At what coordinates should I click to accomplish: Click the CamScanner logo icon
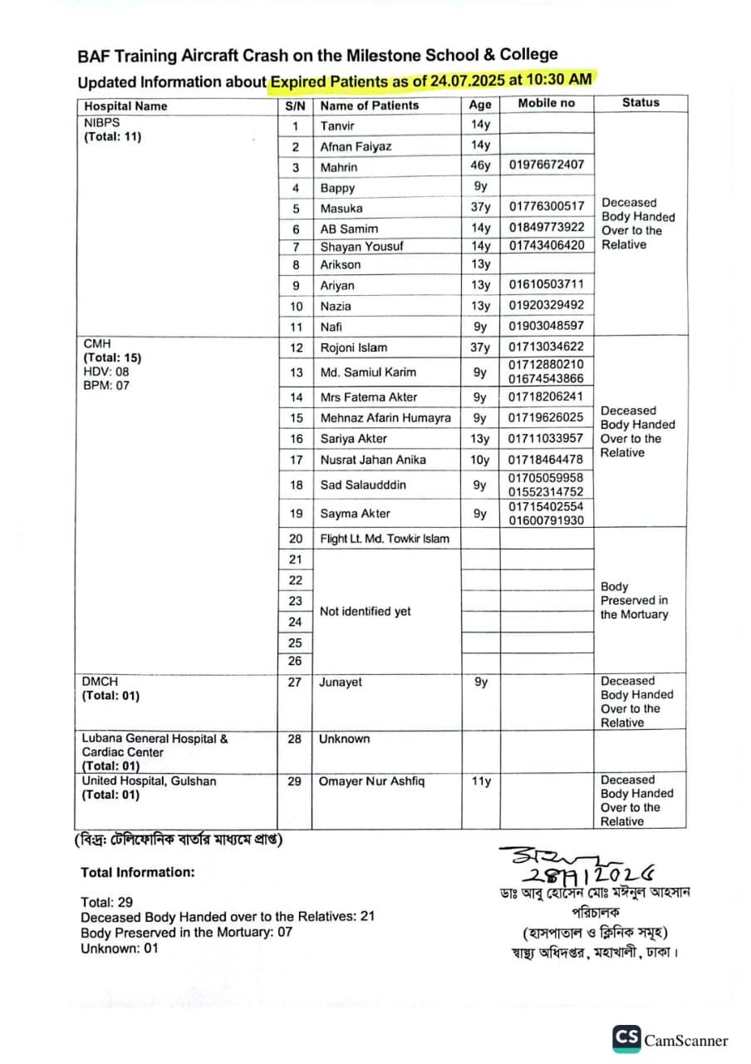point(627,1039)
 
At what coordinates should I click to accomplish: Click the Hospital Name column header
point(125,106)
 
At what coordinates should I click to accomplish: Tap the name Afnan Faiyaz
point(356,146)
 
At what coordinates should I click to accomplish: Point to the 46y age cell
point(480,165)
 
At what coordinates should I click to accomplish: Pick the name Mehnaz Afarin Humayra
point(385,417)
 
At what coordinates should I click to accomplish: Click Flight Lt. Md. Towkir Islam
point(385,539)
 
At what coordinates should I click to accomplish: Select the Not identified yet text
point(366,611)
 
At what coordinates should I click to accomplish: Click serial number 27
point(295,682)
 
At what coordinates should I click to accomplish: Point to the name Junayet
point(341,682)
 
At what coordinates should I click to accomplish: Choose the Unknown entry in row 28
point(345,739)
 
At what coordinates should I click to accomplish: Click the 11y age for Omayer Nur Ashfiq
point(480,781)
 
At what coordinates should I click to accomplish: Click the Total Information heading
point(138,872)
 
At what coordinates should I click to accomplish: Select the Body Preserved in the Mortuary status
point(634,600)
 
